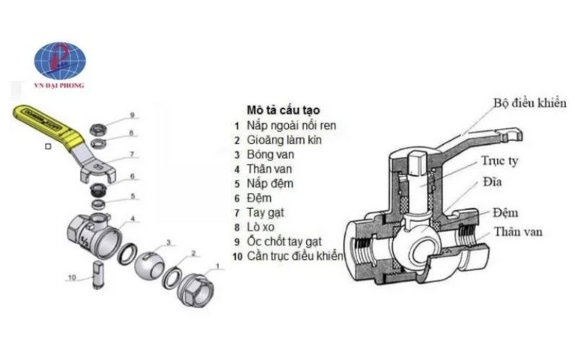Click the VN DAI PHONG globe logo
click(60, 62)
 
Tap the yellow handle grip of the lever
click(45, 123)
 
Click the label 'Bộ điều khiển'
click(529, 104)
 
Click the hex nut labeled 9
click(99, 129)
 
